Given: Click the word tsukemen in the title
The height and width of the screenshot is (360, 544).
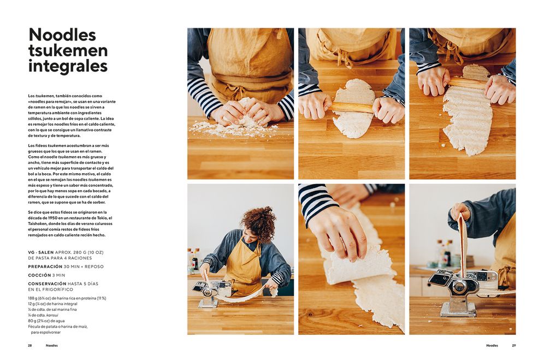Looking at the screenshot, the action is [x=68, y=51].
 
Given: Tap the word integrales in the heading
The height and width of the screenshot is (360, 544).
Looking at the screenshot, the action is [x=68, y=66].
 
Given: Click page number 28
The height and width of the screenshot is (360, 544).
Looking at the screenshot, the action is [x=30, y=345].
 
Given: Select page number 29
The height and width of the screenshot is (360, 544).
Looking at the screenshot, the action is [x=514, y=345].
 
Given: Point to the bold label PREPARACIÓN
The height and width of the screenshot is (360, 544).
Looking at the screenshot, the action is [x=45, y=267].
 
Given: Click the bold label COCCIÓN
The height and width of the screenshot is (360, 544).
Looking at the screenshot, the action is [x=39, y=275].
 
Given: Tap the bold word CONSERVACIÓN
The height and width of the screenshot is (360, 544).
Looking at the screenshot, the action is [x=47, y=284].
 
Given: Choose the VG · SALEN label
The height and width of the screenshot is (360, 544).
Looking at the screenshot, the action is [x=41, y=252].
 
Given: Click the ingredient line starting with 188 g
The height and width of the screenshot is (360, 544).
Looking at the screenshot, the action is [x=67, y=298].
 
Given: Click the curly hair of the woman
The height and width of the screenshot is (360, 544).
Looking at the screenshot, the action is [x=259, y=222].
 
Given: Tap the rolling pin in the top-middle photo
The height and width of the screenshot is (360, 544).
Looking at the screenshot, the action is [x=351, y=108].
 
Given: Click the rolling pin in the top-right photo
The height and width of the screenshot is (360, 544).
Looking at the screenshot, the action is [x=466, y=83].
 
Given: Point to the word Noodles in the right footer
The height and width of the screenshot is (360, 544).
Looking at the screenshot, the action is [x=492, y=345].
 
